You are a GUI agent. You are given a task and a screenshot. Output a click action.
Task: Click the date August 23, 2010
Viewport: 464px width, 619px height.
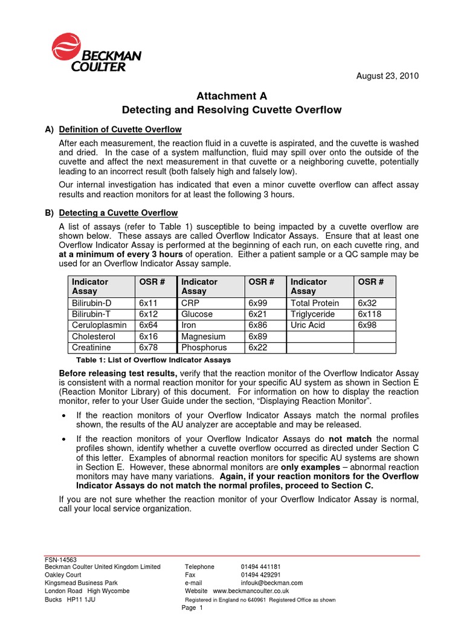click(x=387, y=76)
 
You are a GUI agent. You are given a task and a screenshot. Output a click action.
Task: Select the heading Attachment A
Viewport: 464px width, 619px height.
click(x=231, y=96)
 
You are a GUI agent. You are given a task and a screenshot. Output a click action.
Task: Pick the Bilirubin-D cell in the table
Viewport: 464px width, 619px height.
click(x=92, y=303)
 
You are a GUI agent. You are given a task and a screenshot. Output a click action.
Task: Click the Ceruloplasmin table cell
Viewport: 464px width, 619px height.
click(x=98, y=325)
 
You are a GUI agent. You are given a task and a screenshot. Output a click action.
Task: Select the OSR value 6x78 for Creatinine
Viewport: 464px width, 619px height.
click(x=149, y=348)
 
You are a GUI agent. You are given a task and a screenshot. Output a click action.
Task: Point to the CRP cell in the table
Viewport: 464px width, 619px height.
click(x=192, y=303)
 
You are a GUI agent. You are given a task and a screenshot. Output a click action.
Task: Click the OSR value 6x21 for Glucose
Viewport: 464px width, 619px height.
click(x=258, y=314)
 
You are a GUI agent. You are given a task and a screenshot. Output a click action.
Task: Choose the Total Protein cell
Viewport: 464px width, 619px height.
click(x=315, y=303)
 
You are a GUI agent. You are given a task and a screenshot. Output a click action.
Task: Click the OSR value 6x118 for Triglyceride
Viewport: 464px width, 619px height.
click(x=370, y=314)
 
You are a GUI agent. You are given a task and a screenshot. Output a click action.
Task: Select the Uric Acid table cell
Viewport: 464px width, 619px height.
click(x=308, y=325)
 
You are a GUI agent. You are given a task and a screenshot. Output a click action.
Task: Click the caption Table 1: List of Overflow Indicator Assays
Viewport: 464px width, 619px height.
click(x=153, y=360)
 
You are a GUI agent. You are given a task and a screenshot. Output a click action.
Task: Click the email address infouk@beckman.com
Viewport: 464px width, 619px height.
click(x=272, y=583)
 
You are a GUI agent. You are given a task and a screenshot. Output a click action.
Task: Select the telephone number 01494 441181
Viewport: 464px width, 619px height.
click(x=260, y=567)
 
